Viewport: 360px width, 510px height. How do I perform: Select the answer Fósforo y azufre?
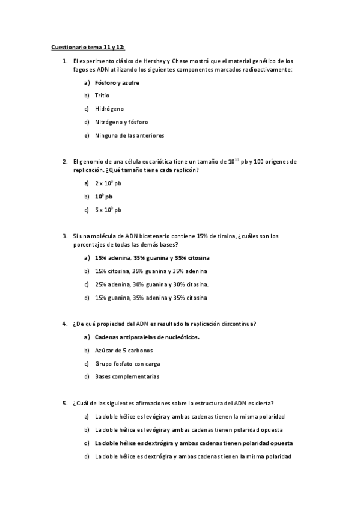(117, 82)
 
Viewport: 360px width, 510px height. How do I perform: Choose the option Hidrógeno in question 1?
(109, 109)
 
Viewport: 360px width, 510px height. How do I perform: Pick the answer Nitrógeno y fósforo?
(121, 122)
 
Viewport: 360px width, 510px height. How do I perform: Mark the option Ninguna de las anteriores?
(129, 135)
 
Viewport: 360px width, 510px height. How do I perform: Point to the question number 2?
(64, 161)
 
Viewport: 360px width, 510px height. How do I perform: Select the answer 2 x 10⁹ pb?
(108, 183)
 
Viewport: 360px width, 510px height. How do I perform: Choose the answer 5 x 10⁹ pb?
(108, 210)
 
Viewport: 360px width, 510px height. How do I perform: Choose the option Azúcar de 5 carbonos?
(124, 350)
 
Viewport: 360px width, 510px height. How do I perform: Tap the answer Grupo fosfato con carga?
(127, 364)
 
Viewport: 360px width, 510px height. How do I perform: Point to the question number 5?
(64, 403)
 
